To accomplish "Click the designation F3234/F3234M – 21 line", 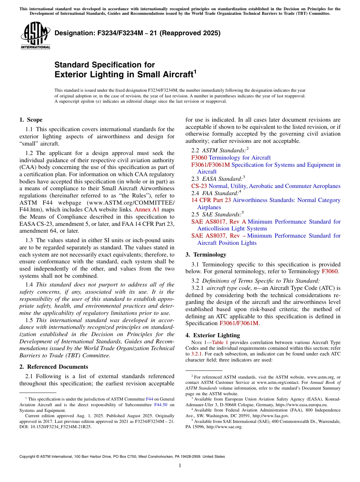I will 137,33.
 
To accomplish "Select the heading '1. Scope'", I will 31,120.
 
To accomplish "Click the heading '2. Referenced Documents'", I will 53,367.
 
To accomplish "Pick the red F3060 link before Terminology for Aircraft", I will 199,158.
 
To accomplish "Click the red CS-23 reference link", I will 199,186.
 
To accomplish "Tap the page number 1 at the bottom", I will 180,466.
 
